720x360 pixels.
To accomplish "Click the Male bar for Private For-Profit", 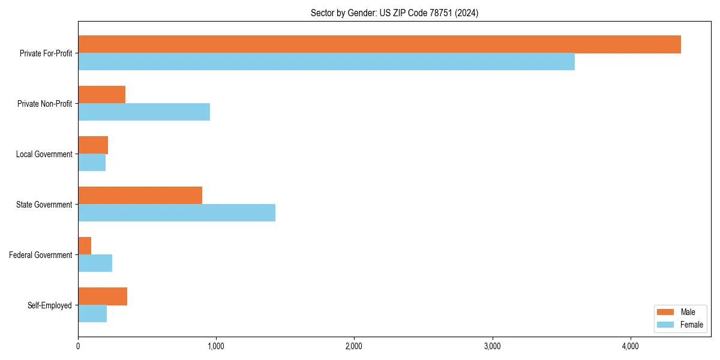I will tap(379, 44).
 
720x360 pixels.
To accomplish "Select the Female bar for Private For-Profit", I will tap(326, 62).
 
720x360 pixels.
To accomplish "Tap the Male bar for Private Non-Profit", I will tap(101, 95).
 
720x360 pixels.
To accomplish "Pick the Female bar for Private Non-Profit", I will tap(144, 112).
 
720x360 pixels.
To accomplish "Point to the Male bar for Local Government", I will tap(93, 145).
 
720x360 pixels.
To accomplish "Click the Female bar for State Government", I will tap(176, 213).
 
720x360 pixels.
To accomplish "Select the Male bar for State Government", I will tap(140, 196).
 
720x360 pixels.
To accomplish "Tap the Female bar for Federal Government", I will tap(95, 263).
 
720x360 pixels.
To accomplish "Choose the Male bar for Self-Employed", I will tap(103, 296).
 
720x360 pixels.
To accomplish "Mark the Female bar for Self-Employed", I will tap(92, 314).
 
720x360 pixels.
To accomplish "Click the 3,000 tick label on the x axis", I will tap(492, 346).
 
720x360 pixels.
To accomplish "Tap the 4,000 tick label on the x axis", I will tap(630, 346).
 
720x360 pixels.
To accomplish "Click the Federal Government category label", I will tap(41, 255).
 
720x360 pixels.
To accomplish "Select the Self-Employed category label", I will tap(50, 305).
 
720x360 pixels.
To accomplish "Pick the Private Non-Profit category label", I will tap(44, 104).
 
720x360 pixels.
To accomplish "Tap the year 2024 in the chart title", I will tap(466, 13).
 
